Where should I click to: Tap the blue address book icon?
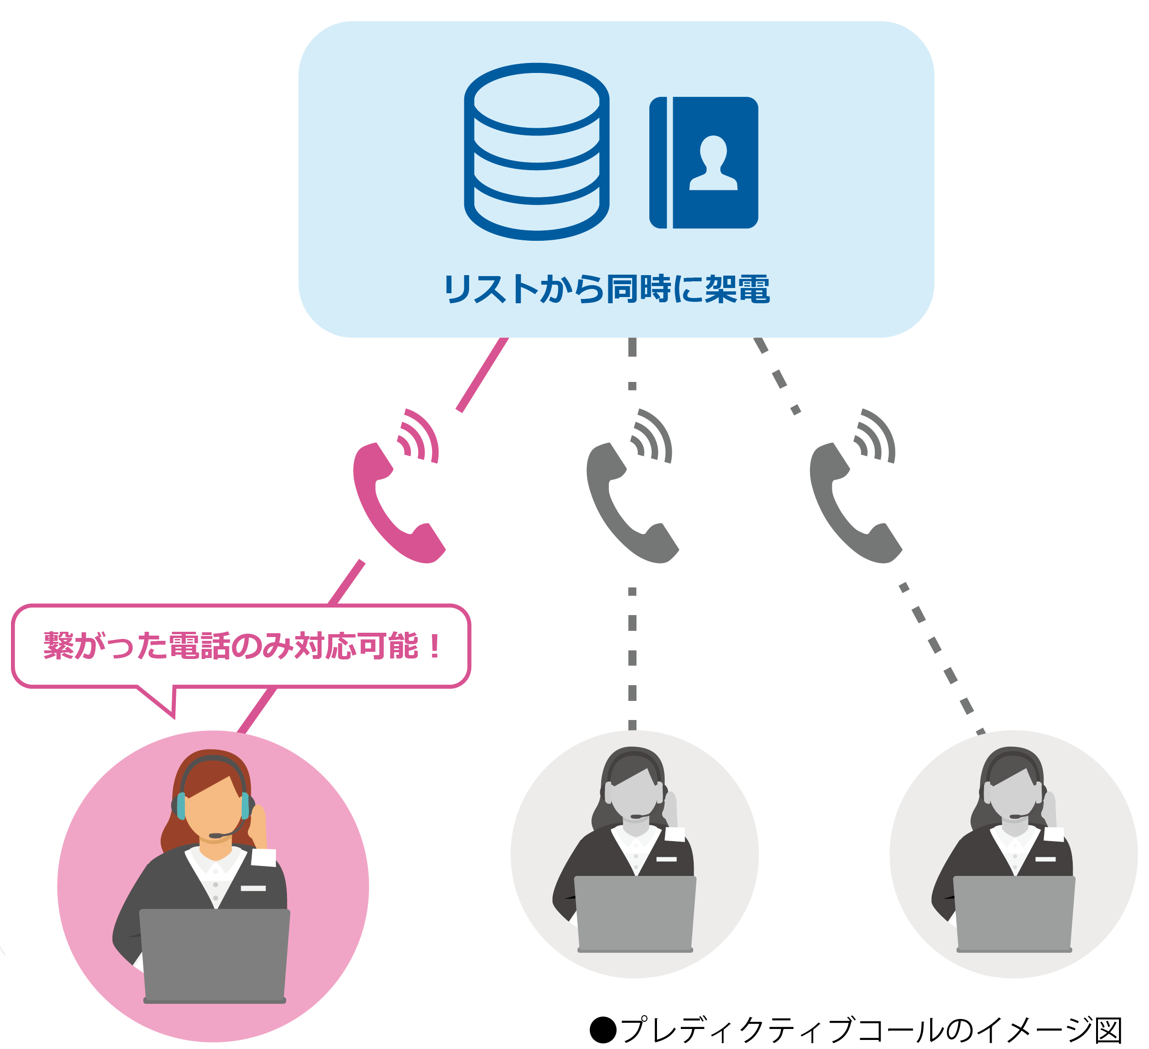coord(703,163)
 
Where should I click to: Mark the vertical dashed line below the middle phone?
coord(632,656)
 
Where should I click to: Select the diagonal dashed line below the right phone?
coord(940,656)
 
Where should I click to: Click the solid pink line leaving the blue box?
coord(482,374)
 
